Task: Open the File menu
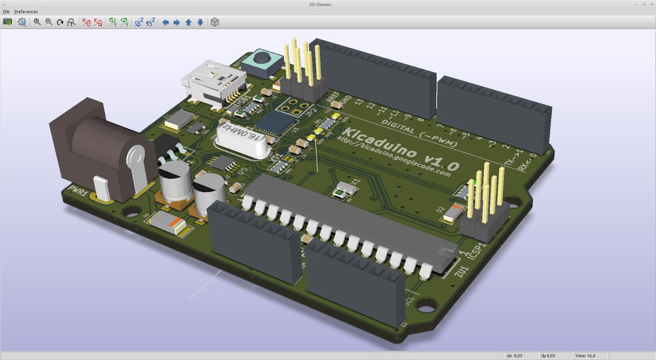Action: point(6,12)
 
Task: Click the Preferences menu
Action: point(26,12)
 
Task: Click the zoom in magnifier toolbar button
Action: point(37,22)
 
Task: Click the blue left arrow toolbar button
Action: point(165,22)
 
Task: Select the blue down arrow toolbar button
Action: point(200,22)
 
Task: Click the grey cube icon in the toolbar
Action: point(215,22)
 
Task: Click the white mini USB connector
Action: point(213,82)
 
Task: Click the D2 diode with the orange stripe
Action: point(453,212)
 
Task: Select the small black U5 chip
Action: point(224,162)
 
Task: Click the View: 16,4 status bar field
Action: point(585,355)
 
